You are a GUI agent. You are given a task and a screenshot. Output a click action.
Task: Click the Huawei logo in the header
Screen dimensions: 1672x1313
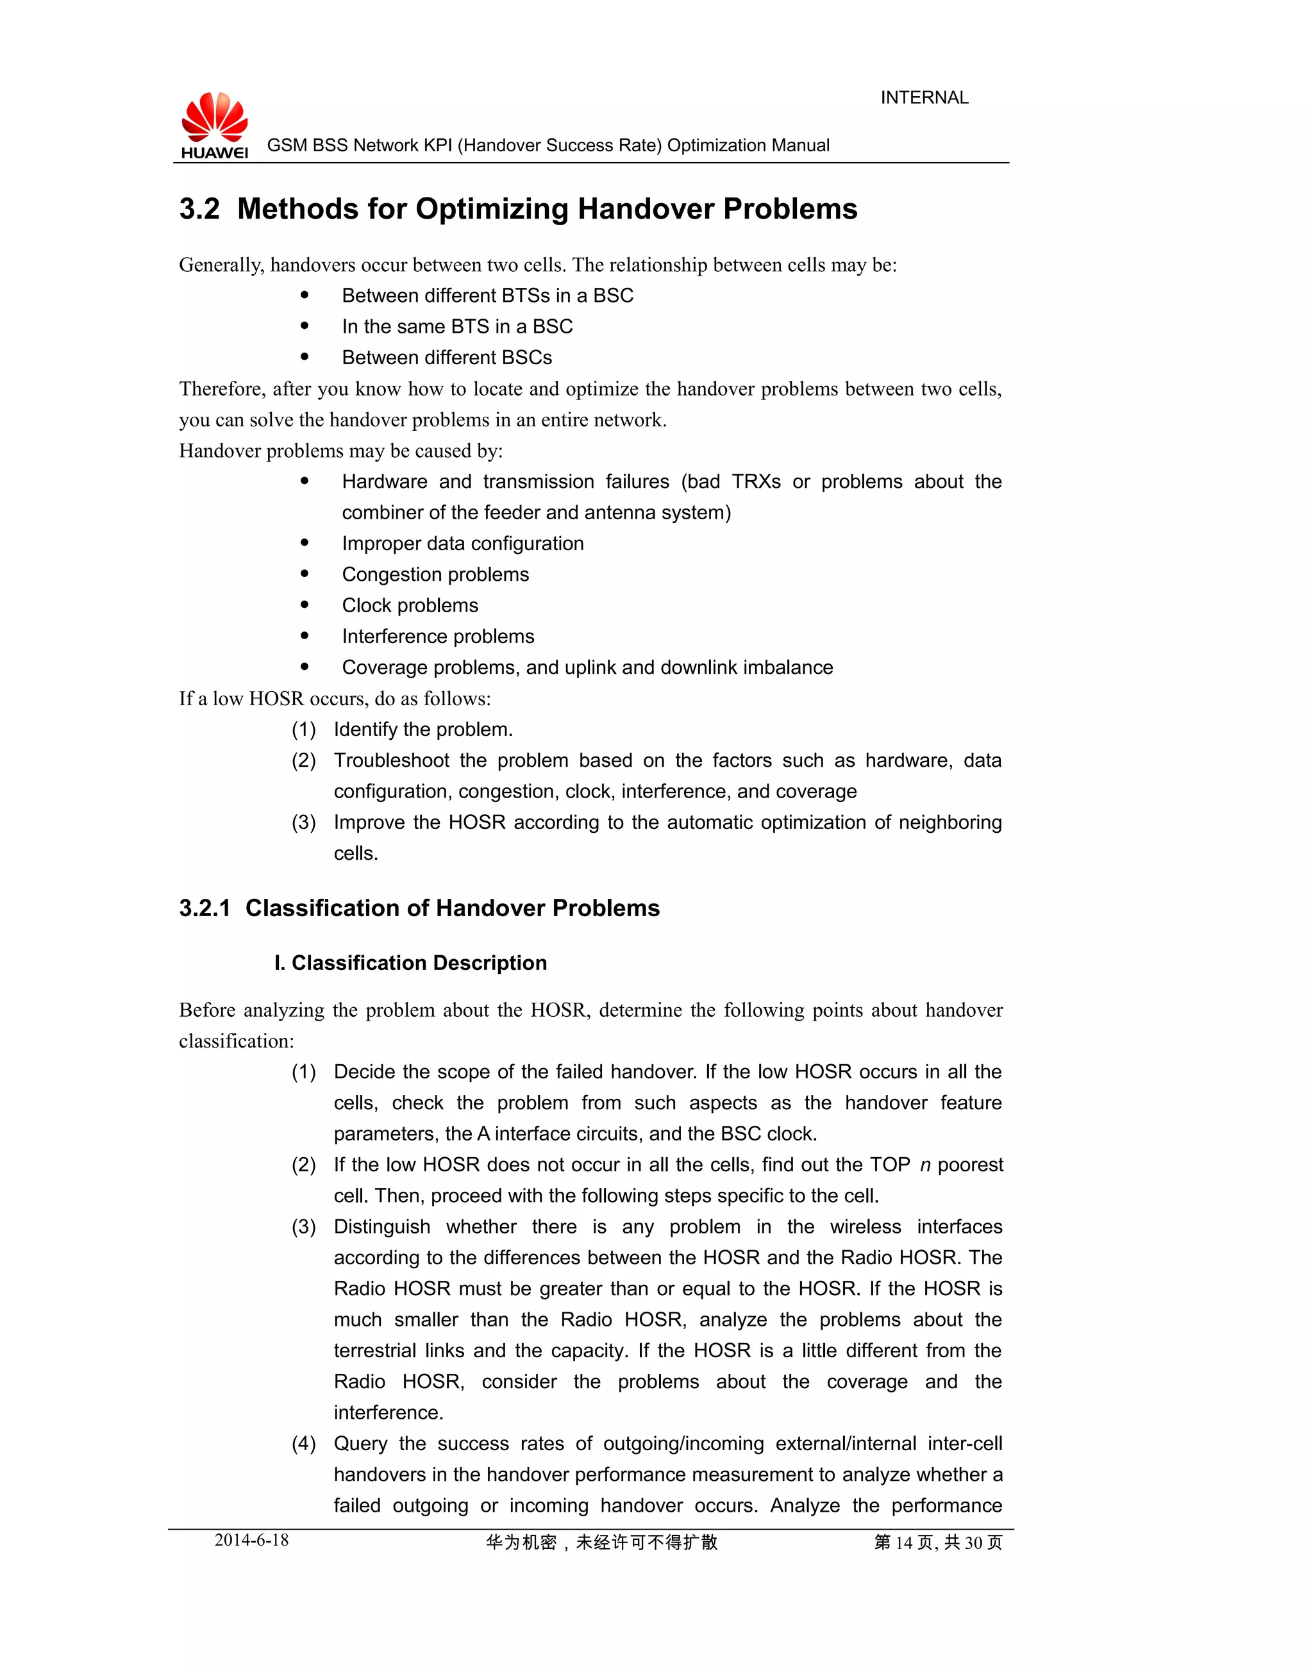click(x=215, y=125)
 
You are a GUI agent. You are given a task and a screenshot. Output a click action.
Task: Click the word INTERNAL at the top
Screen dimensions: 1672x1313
click(x=924, y=97)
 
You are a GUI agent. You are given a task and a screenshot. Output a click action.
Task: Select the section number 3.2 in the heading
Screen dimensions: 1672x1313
click(x=199, y=209)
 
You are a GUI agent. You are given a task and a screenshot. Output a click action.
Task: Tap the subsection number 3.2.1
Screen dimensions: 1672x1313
click(x=205, y=908)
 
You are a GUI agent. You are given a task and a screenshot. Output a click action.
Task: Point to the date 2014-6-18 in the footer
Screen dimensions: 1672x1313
click(x=251, y=1540)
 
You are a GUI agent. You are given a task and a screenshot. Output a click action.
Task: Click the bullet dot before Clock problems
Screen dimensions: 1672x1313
click(x=305, y=605)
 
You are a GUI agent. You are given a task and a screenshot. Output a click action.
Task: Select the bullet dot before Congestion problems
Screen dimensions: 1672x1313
click(x=305, y=574)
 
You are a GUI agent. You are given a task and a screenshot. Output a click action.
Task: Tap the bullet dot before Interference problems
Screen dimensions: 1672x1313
click(x=305, y=636)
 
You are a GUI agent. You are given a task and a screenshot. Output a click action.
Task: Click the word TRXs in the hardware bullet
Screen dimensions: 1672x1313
click(x=756, y=482)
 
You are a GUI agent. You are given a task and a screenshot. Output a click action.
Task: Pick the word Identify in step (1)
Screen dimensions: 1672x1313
click(x=366, y=730)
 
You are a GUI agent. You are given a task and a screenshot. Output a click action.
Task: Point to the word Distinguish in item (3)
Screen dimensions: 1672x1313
click(x=382, y=1227)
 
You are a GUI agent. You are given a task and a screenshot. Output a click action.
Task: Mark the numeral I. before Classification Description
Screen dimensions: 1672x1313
click(x=280, y=963)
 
